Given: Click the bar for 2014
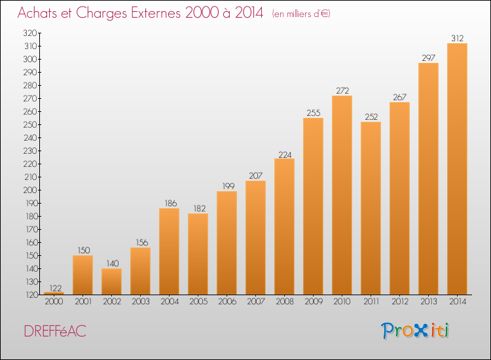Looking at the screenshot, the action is (x=457, y=169).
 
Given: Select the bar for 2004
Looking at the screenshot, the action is (x=169, y=251).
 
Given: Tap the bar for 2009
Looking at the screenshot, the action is (x=313, y=206).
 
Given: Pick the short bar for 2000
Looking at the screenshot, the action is (x=54, y=293).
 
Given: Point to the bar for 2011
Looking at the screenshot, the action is (x=371, y=208).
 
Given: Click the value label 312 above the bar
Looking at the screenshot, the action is (x=457, y=38).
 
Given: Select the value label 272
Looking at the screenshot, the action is (x=342, y=90).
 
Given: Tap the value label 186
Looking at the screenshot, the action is (x=171, y=203).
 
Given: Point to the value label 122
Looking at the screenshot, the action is (x=56, y=288).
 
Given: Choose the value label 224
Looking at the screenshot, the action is (x=285, y=154).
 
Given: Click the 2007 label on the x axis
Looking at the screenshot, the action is (x=256, y=302).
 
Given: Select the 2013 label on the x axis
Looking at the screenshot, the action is (x=428, y=302).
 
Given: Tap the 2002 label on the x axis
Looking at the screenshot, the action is (x=112, y=302).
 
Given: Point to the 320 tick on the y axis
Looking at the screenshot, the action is (x=29, y=33).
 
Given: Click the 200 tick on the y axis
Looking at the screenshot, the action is (x=29, y=190).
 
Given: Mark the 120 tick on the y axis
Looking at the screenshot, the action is (x=30, y=295).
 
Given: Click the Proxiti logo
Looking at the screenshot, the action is (x=415, y=331).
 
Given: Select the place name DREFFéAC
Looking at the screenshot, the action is (x=55, y=331).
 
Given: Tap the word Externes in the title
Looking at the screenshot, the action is (x=156, y=12).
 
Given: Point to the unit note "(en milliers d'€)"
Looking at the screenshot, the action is (x=301, y=14).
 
